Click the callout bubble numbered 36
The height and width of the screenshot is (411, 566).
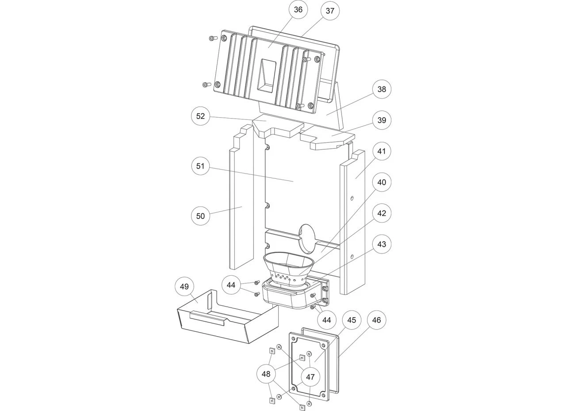point(298,10)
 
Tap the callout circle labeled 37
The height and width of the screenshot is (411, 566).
point(330,11)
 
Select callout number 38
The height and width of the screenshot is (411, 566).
point(382,89)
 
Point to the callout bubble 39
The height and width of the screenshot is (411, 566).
point(382,120)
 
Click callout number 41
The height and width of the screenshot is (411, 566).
point(382,151)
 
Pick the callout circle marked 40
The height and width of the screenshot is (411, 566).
point(382,182)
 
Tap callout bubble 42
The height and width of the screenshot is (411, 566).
point(382,213)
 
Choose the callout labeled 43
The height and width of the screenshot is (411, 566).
point(382,244)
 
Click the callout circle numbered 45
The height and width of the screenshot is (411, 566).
point(352,320)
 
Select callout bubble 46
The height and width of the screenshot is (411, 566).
point(376,320)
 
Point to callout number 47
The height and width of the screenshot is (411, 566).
point(310,377)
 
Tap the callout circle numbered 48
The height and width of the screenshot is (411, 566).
point(266,374)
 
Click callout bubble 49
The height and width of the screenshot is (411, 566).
point(184,287)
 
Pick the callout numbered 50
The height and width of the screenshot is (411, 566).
point(200,216)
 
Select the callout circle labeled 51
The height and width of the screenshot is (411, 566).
point(200,166)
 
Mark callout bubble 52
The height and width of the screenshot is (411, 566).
point(200,116)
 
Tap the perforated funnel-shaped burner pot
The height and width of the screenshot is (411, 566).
point(289,270)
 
